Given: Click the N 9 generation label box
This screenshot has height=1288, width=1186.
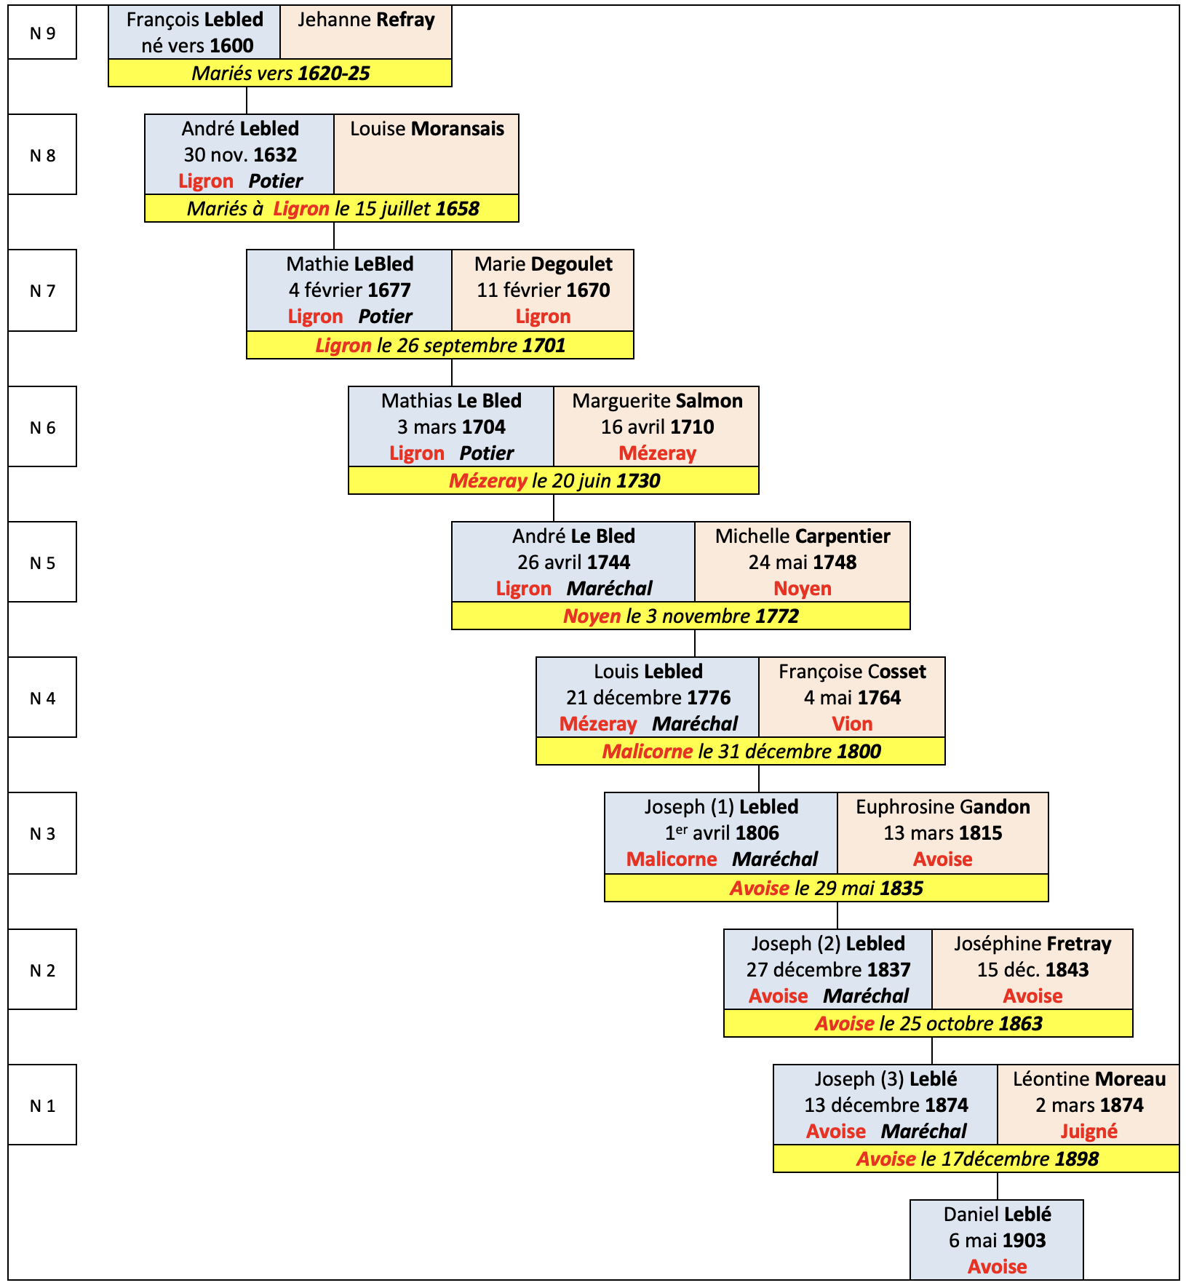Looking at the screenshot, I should click(42, 33).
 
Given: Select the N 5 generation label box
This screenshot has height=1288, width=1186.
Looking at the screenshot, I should click(42, 562).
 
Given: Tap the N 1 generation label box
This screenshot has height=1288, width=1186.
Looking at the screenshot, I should click(42, 1105).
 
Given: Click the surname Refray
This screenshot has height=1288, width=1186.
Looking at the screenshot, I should click(402, 20).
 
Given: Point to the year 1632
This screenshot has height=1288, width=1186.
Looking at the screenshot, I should click(275, 155).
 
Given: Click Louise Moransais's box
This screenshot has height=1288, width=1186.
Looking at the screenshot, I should click(426, 154).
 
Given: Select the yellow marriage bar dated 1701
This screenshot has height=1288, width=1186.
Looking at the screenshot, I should click(440, 345).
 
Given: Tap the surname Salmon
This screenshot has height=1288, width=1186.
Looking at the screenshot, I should click(709, 401).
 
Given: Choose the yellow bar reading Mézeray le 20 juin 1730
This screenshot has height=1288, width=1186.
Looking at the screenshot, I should click(554, 480).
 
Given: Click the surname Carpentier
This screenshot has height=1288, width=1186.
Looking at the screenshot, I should click(843, 536).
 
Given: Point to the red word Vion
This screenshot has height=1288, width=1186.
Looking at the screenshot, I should click(852, 724).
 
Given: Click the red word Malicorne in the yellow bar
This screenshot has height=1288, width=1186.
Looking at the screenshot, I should click(647, 752).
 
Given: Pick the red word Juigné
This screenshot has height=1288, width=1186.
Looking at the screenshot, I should click(1089, 1132).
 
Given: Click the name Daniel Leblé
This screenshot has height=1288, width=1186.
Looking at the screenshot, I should click(997, 1215).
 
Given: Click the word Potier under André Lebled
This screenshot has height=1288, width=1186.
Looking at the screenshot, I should click(275, 181).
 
